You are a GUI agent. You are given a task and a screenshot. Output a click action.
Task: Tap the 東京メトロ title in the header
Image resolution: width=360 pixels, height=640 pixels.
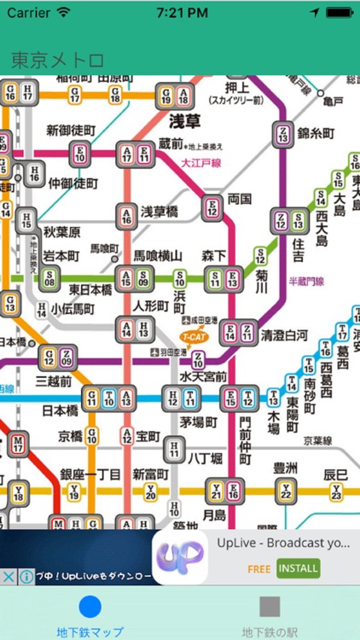tap(57, 60)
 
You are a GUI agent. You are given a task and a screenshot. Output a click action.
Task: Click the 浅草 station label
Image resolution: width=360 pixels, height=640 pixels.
tap(183, 119)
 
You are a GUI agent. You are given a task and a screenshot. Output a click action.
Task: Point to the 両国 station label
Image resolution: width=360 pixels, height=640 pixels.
tap(240, 199)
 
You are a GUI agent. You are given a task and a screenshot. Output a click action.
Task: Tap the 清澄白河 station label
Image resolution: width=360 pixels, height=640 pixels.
tap(284, 335)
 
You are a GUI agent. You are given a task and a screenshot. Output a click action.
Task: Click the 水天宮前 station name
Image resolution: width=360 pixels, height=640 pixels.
tap(203, 376)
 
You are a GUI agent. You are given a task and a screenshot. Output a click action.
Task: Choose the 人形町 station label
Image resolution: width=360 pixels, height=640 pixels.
tap(153, 305)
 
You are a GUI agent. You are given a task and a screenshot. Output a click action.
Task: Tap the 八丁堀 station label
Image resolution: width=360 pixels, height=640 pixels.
tap(205, 457)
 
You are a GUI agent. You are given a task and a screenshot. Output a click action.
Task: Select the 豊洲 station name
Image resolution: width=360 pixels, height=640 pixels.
tap(285, 467)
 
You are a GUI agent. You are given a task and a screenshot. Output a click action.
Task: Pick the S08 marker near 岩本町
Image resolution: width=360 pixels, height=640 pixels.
tap(49, 277)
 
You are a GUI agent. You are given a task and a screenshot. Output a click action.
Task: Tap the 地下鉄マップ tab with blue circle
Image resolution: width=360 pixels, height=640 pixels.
tap(90, 614)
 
